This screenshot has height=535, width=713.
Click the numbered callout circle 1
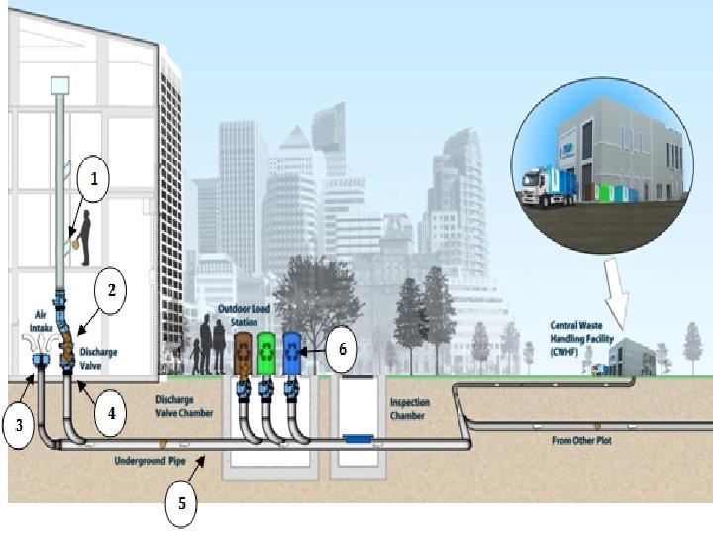tap(94, 180)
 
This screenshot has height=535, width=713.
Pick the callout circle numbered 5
tap(181, 502)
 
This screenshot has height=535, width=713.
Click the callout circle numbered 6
tap(342, 350)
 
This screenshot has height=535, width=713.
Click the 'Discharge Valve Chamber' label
tap(184, 406)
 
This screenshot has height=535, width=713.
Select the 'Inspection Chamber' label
tap(408, 409)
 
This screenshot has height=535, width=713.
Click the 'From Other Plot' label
tap(580, 439)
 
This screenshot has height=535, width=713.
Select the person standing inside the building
tap(87, 236)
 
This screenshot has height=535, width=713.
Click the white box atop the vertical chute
tap(60, 85)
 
